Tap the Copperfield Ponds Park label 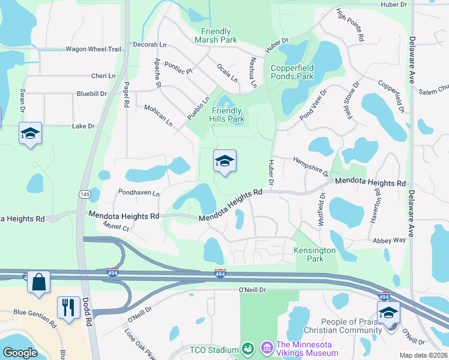pyautogui.click(x=292, y=72)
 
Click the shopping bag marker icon pyautogui.click(x=38, y=282)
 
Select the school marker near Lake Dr pyautogui.click(x=30, y=133)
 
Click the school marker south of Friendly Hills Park pyautogui.click(x=224, y=161)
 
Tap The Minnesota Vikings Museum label pyautogui.click(x=307, y=349)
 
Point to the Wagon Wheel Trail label pyautogui.click(x=93, y=49)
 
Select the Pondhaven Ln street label pyautogui.click(x=139, y=193)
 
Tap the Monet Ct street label pyautogui.click(x=116, y=227)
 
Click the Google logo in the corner pyautogui.click(x=20, y=352)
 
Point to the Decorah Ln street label pyautogui.click(x=149, y=44)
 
